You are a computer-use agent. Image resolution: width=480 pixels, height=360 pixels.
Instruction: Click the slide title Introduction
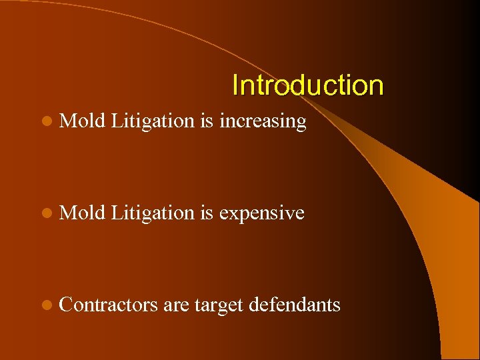pos(307,85)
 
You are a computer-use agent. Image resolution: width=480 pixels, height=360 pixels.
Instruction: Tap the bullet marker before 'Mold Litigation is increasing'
pos(45,122)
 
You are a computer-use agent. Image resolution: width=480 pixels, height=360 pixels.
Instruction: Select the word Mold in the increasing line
pos(82,121)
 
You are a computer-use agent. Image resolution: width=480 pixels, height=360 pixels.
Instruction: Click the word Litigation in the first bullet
pos(152,121)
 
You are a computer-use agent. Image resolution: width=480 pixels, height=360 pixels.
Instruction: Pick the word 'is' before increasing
pos(206,121)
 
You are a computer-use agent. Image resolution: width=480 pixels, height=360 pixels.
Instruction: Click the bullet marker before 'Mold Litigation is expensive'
pos(45,214)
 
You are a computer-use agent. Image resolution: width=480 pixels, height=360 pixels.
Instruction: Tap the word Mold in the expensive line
pos(82,213)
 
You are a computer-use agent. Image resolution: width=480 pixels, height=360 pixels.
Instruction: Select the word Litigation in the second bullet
pos(152,213)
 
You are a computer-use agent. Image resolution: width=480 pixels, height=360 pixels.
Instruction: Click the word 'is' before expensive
pos(206,213)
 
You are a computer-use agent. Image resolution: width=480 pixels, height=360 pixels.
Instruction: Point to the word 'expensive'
pos(261,214)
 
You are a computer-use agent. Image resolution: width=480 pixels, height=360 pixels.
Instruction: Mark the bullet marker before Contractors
pos(45,306)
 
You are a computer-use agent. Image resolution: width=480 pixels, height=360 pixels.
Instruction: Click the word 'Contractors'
pos(107,305)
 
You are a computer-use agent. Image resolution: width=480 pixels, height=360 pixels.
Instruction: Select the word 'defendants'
pos(294,305)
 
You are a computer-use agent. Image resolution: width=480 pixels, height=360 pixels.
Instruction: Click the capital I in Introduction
pos(235,85)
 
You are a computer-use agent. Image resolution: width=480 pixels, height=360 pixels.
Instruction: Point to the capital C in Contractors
pos(65,305)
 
